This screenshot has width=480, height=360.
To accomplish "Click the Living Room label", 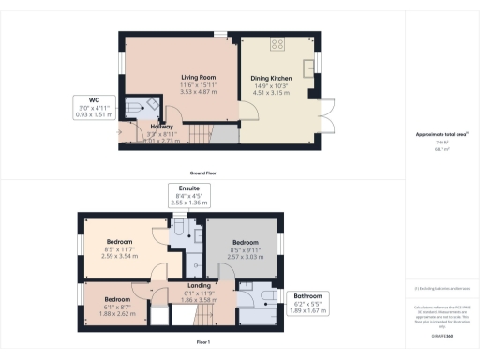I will (199, 77).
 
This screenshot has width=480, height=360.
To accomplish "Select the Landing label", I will (199, 285).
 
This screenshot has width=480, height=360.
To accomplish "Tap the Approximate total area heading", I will (442, 135).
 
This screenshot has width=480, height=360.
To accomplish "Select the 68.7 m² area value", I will (442, 149).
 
